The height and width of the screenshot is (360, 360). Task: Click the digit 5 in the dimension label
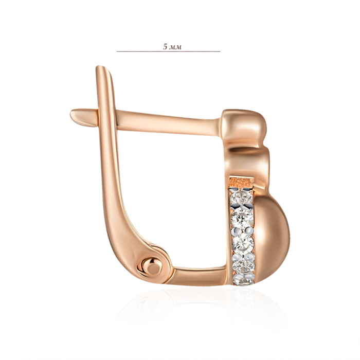pyautogui.click(x=165, y=47)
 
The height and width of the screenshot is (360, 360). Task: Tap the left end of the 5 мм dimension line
pyautogui.click(x=117, y=51)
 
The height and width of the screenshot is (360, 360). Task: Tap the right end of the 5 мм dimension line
pyautogui.click(x=220, y=51)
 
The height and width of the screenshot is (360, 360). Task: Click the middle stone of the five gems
pyautogui.click(x=243, y=242)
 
